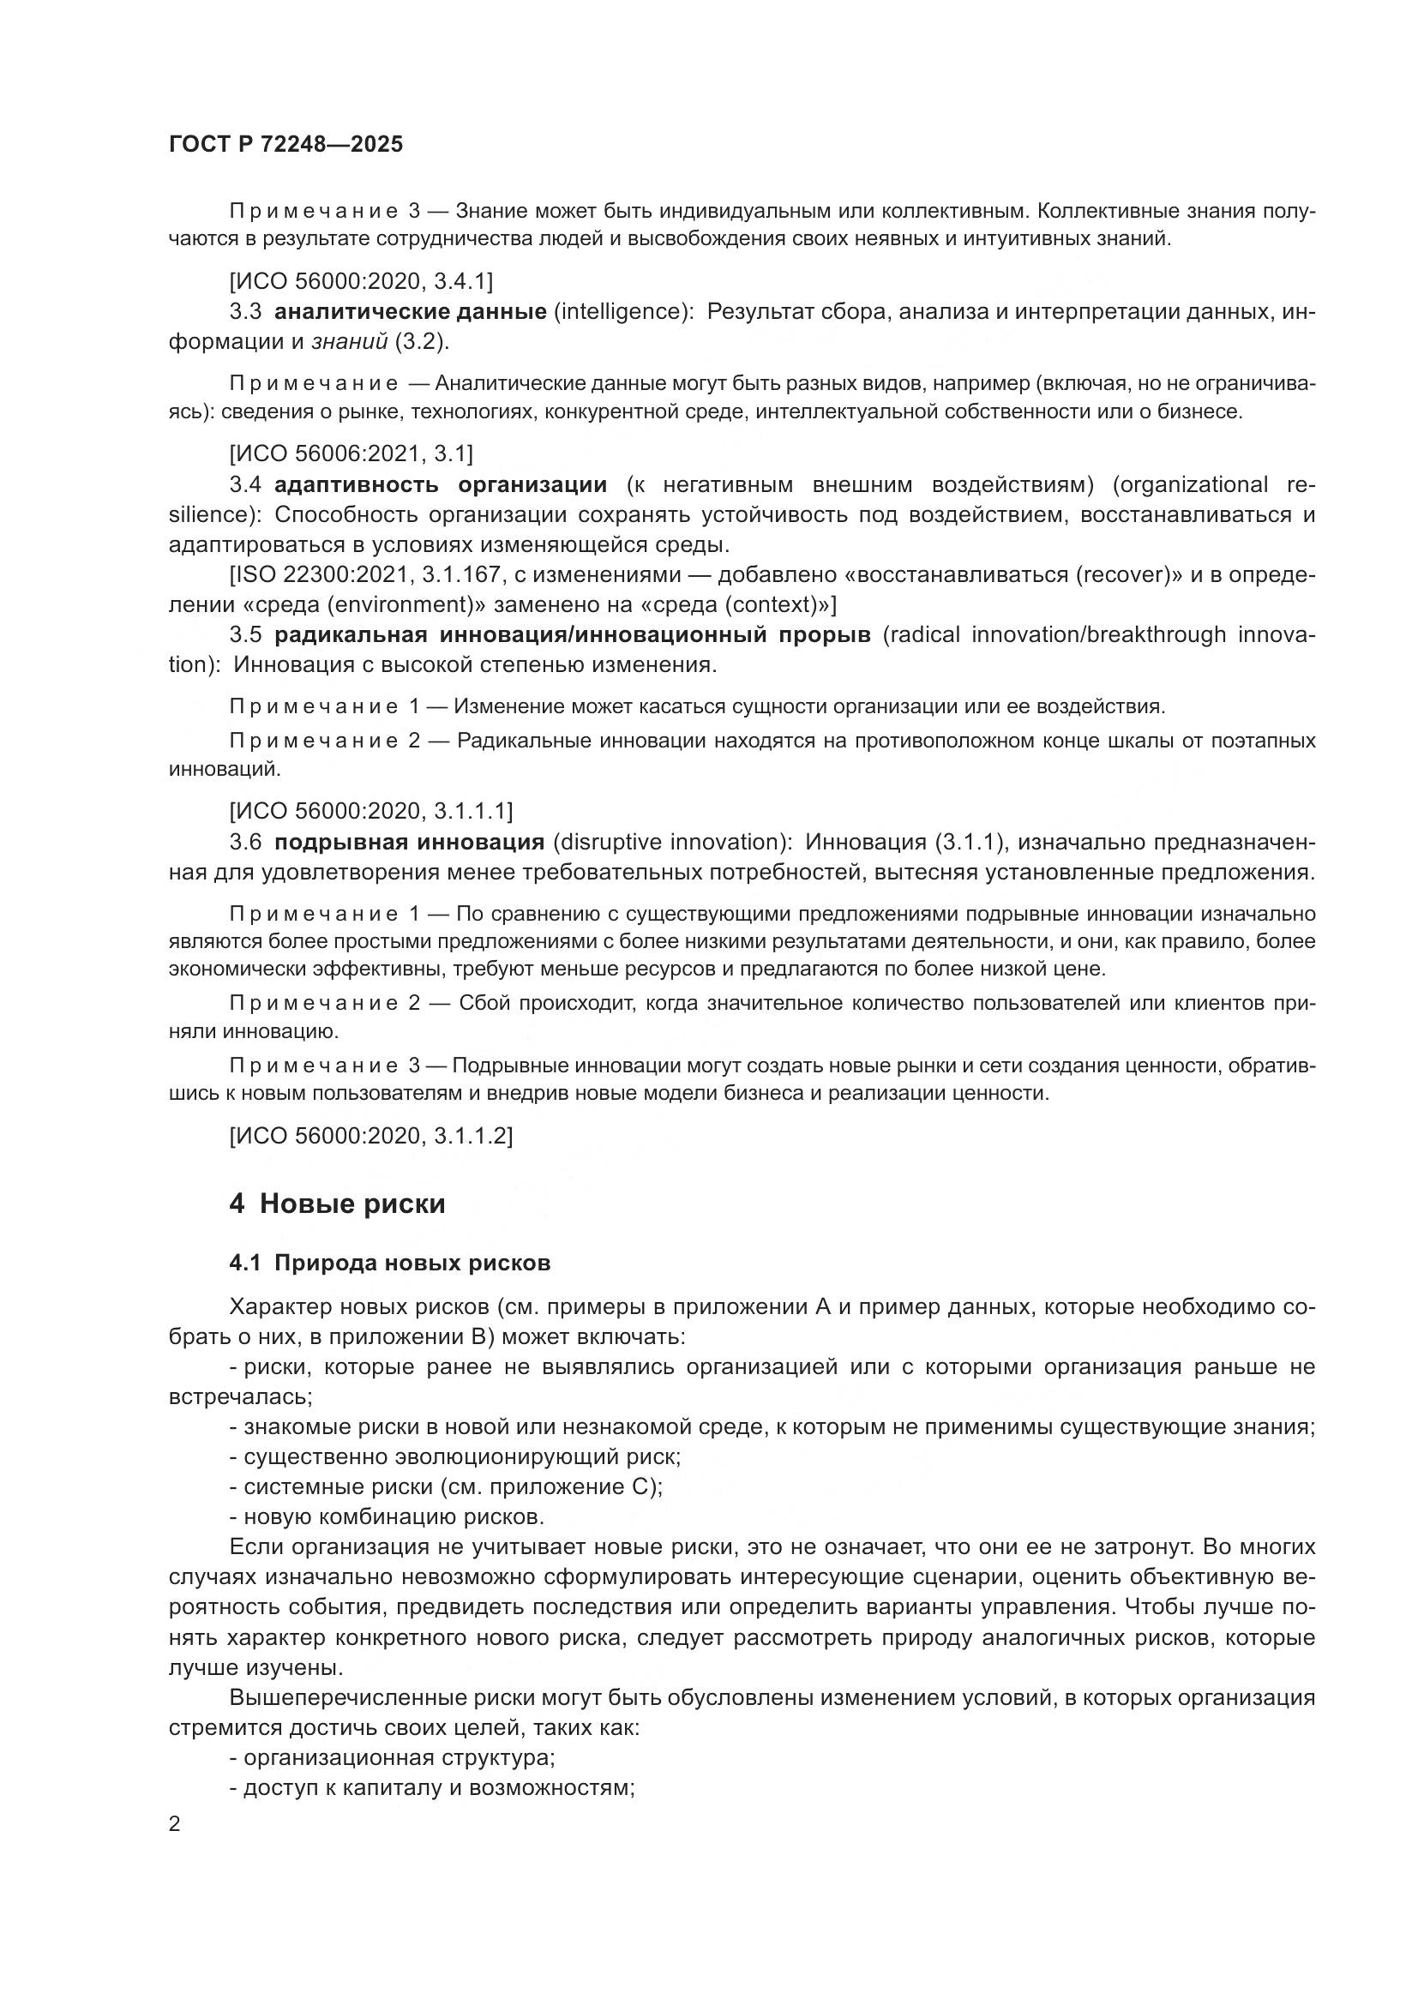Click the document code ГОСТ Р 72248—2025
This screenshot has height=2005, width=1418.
(285, 145)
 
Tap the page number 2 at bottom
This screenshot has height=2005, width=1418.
(175, 1825)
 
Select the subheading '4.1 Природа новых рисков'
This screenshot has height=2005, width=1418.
(389, 1264)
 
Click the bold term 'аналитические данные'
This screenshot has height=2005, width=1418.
(411, 312)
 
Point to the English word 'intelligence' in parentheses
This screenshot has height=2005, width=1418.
(621, 312)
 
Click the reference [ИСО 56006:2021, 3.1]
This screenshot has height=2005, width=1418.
(351, 454)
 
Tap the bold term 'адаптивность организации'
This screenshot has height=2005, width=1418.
(441, 484)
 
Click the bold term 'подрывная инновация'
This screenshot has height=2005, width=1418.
(410, 843)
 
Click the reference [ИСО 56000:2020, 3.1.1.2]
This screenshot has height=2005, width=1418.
(371, 1136)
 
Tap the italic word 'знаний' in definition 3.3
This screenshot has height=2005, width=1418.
(349, 342)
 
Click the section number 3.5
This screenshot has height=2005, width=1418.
(245, 635)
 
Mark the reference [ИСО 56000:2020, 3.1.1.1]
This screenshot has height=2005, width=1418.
(371, 811)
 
